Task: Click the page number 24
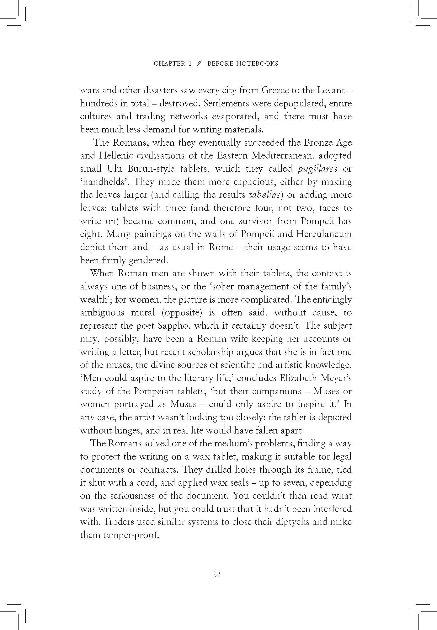[216, 575]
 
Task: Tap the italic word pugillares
[317, 169]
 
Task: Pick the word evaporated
[235, 116]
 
